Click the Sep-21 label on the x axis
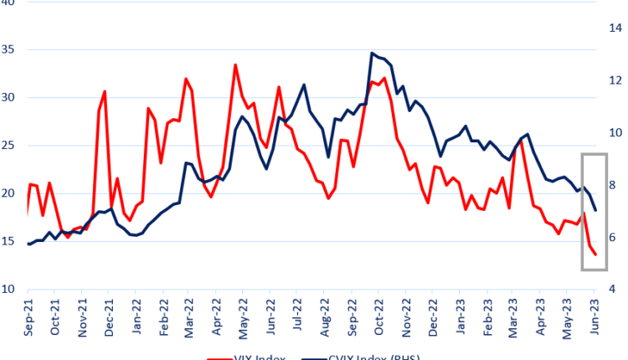coord(28,318)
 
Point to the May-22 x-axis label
coord(242,318)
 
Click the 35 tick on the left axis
coord(9,49)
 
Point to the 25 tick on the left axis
coord(9,146)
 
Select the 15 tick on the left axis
coord(9,242)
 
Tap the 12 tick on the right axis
coord(614,80)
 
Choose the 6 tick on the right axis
coord(614,237)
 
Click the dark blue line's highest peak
coord(372,53)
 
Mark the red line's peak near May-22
coord(235,64)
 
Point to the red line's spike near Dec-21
coord(105,90)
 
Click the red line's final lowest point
coord(595,255)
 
